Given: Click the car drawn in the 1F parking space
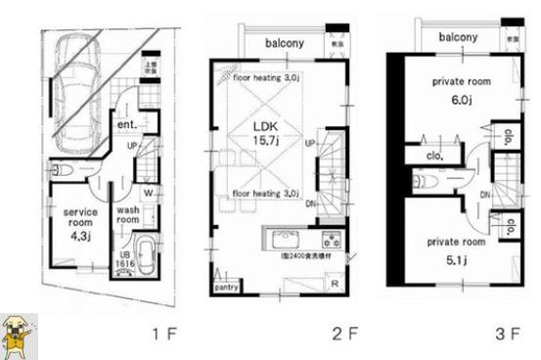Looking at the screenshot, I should coord(76,90).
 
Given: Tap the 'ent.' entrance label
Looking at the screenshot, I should coord(127,125).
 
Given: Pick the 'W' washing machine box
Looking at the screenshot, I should coord(146,194).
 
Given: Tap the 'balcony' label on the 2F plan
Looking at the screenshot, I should coord(285,43).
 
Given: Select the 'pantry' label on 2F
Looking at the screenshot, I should coord(227,289).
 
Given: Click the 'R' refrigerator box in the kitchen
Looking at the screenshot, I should coord(336,285).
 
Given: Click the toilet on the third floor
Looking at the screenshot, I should coord(427,181).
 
